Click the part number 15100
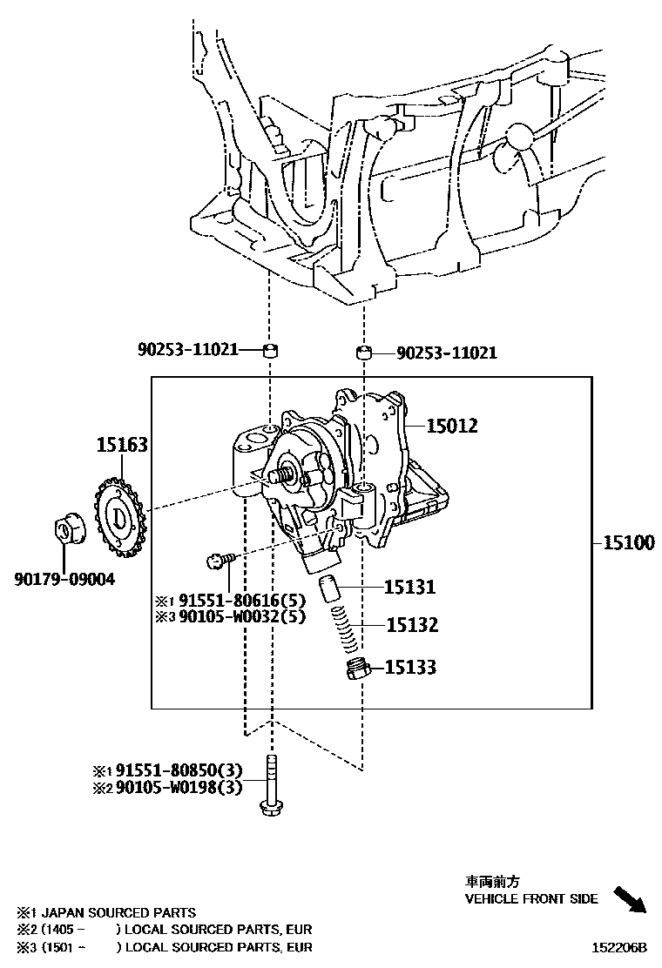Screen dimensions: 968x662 click(628, 543)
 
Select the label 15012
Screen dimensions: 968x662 click(452, 426)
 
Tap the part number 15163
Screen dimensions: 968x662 click(121, 445)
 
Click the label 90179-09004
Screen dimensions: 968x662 click(64, 578)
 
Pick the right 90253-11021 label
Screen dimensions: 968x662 click(447, 353)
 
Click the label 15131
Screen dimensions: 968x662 click(410, 588)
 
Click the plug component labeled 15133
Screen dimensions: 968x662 click(355, 669)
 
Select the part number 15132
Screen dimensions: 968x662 click(411, 625)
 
